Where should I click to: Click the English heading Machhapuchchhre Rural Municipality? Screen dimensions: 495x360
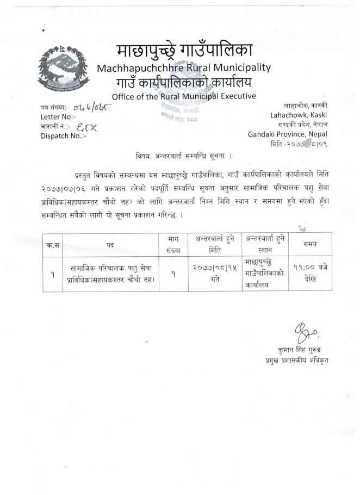point(183,68)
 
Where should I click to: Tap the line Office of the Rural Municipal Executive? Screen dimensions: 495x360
point(183,97)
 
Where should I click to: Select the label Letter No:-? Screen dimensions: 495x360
point(58,117)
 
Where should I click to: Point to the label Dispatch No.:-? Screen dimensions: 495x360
point(64,136)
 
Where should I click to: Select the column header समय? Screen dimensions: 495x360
point(311,244)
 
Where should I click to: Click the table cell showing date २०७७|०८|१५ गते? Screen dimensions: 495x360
point(214,273)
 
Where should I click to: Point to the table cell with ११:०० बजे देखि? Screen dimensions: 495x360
point(311,273)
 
